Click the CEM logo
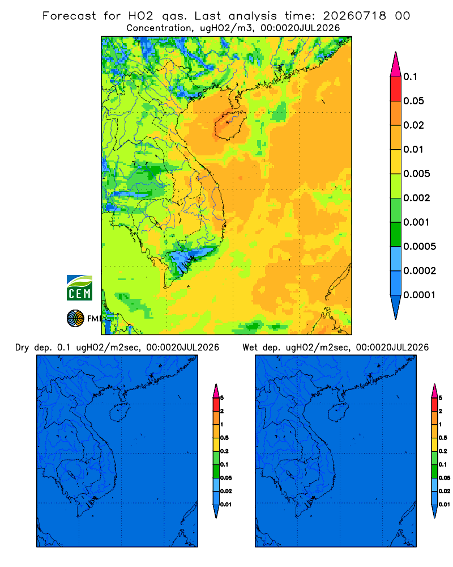79,288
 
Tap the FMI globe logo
75,319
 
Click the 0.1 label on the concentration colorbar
410,77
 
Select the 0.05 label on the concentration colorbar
413,101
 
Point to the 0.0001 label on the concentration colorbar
420,295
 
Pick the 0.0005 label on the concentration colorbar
420,247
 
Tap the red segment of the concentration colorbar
396,89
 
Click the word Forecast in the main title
69,16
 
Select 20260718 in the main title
354,16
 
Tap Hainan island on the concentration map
230,125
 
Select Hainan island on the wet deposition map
338,413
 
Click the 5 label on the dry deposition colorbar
222,398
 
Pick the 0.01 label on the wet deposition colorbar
445,505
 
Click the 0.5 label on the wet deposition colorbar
443,438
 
